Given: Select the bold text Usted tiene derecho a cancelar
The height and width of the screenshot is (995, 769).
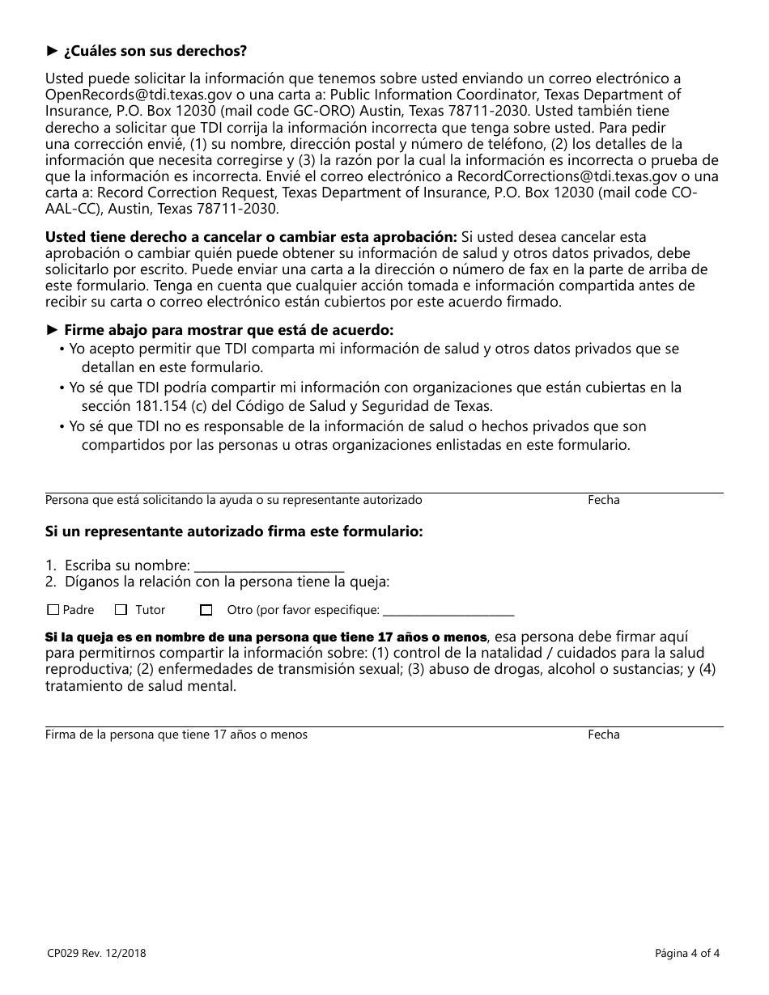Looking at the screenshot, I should click(251, 237).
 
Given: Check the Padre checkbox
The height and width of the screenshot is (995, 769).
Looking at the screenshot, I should click(53, 610).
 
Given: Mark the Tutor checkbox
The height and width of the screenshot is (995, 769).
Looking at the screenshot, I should click(121, 610).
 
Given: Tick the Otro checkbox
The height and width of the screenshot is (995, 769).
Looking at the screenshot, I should click(206, 610).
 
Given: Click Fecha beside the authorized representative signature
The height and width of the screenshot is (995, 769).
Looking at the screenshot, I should click(603, 500).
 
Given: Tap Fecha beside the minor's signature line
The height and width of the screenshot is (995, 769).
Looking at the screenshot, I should click(603, 735).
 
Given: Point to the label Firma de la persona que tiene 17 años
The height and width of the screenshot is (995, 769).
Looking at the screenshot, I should click(176, 735).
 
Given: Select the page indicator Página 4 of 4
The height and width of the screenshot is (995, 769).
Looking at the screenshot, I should click(686, 953).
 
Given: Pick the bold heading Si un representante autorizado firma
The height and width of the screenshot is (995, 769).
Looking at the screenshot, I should click(234, 532).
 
